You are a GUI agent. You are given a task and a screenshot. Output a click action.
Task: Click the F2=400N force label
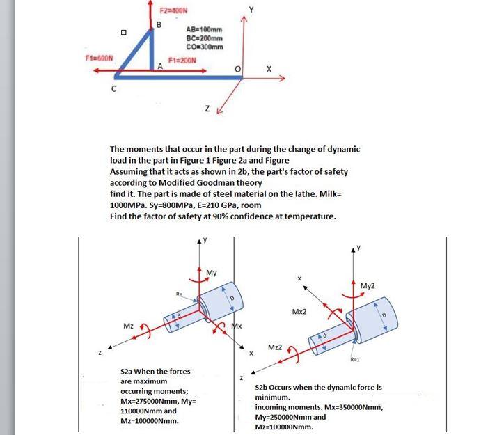coord(171,11)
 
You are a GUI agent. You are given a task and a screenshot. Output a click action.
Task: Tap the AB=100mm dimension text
coord(205,29)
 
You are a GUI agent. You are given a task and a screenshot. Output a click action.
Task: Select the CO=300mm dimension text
coord(205,47)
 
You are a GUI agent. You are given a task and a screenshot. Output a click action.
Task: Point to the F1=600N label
coord(98,56)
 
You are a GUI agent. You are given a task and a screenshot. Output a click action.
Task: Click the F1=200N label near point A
coord(184,61)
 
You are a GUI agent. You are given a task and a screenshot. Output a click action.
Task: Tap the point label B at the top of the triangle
coord(158,25)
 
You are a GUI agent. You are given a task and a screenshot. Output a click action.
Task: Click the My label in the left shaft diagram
coord(212,272)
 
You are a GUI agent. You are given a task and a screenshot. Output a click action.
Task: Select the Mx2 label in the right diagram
coord(300,312)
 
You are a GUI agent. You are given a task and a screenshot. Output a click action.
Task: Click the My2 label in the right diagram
coord(368,285)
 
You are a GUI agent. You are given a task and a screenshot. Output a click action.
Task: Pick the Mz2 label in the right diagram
coord(275,347)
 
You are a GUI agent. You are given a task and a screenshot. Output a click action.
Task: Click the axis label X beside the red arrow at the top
coord(269,68)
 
